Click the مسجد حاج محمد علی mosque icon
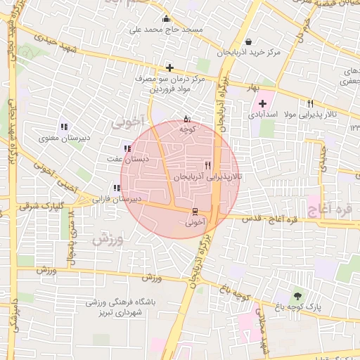[x=166, y=19]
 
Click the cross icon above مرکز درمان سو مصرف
[x=169, y=68]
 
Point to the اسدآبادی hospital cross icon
[x=262, y=104]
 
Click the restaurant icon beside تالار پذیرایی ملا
[x=321, y=104]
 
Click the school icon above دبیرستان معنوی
[x=64, y=127]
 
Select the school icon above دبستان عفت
[x=127, y=148]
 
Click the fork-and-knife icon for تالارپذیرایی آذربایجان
[x=207, y=166]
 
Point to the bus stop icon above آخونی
[x=195, y=212]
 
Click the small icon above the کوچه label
[x=186, y=118]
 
